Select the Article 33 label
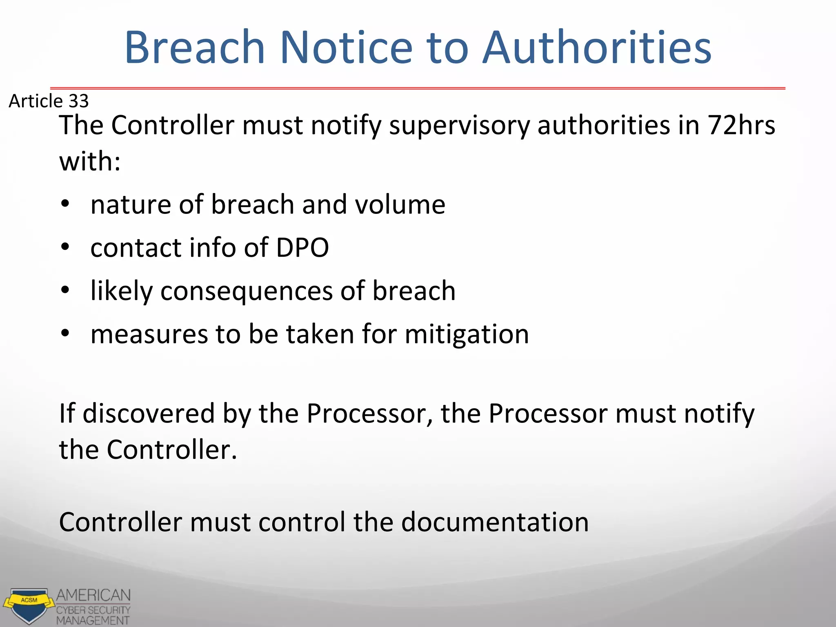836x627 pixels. point(49,101)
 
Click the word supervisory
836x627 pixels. point(459,126)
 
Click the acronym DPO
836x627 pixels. point(302,247)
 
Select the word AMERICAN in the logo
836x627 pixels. point(93,595)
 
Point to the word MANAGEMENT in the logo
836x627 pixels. point(93,620)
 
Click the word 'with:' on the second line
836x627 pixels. point(90,161)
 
